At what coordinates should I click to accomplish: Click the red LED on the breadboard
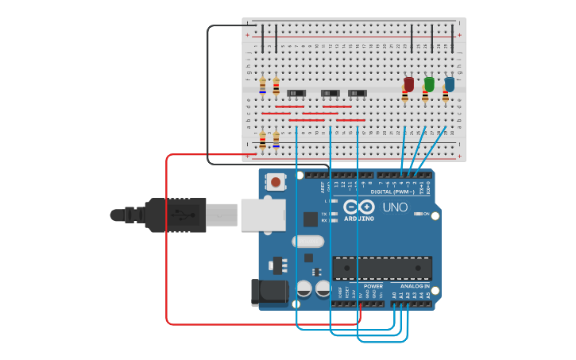[408, 84]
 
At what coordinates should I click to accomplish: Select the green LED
[429, 84]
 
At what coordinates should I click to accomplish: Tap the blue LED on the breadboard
[450, 84]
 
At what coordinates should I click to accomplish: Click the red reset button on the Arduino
[275, 182]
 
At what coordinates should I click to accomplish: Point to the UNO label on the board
[395, 207]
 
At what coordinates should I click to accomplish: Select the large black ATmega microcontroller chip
[382, 268]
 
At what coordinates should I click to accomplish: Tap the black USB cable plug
[176, 215]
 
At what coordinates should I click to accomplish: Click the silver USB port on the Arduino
[262, 215]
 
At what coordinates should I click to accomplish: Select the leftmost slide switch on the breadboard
[296, 94]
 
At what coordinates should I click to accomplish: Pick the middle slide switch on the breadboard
[330, 94]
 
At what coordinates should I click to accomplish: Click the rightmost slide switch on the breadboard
[358, 94]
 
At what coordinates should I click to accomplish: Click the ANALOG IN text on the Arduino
[414, 286]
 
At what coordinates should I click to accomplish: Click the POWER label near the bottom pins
[373, 286]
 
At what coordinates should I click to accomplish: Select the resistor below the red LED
[404, 97]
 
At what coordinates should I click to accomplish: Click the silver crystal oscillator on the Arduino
[308, 242]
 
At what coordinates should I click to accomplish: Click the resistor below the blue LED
[445, 97]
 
